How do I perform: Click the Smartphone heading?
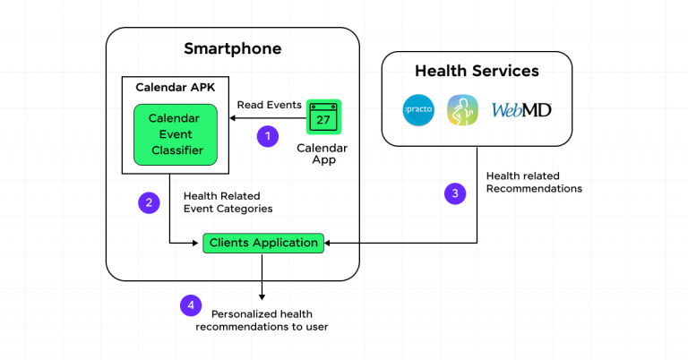(x=232, y=48)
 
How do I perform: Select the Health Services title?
(x=476, y=70)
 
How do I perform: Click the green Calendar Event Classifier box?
(x=176, y=134)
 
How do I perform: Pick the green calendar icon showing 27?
(x=323, y=117)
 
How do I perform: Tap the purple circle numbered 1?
(x=266, y=136)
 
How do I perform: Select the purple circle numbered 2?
(x=149, y=202)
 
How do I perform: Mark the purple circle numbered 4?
(x=189, y=305)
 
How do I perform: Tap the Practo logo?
(x=419, y=111)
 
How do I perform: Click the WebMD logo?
(x=521, y=111)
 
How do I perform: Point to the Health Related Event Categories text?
(x=228, y=202)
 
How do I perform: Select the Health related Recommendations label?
(x=534, y=183)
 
